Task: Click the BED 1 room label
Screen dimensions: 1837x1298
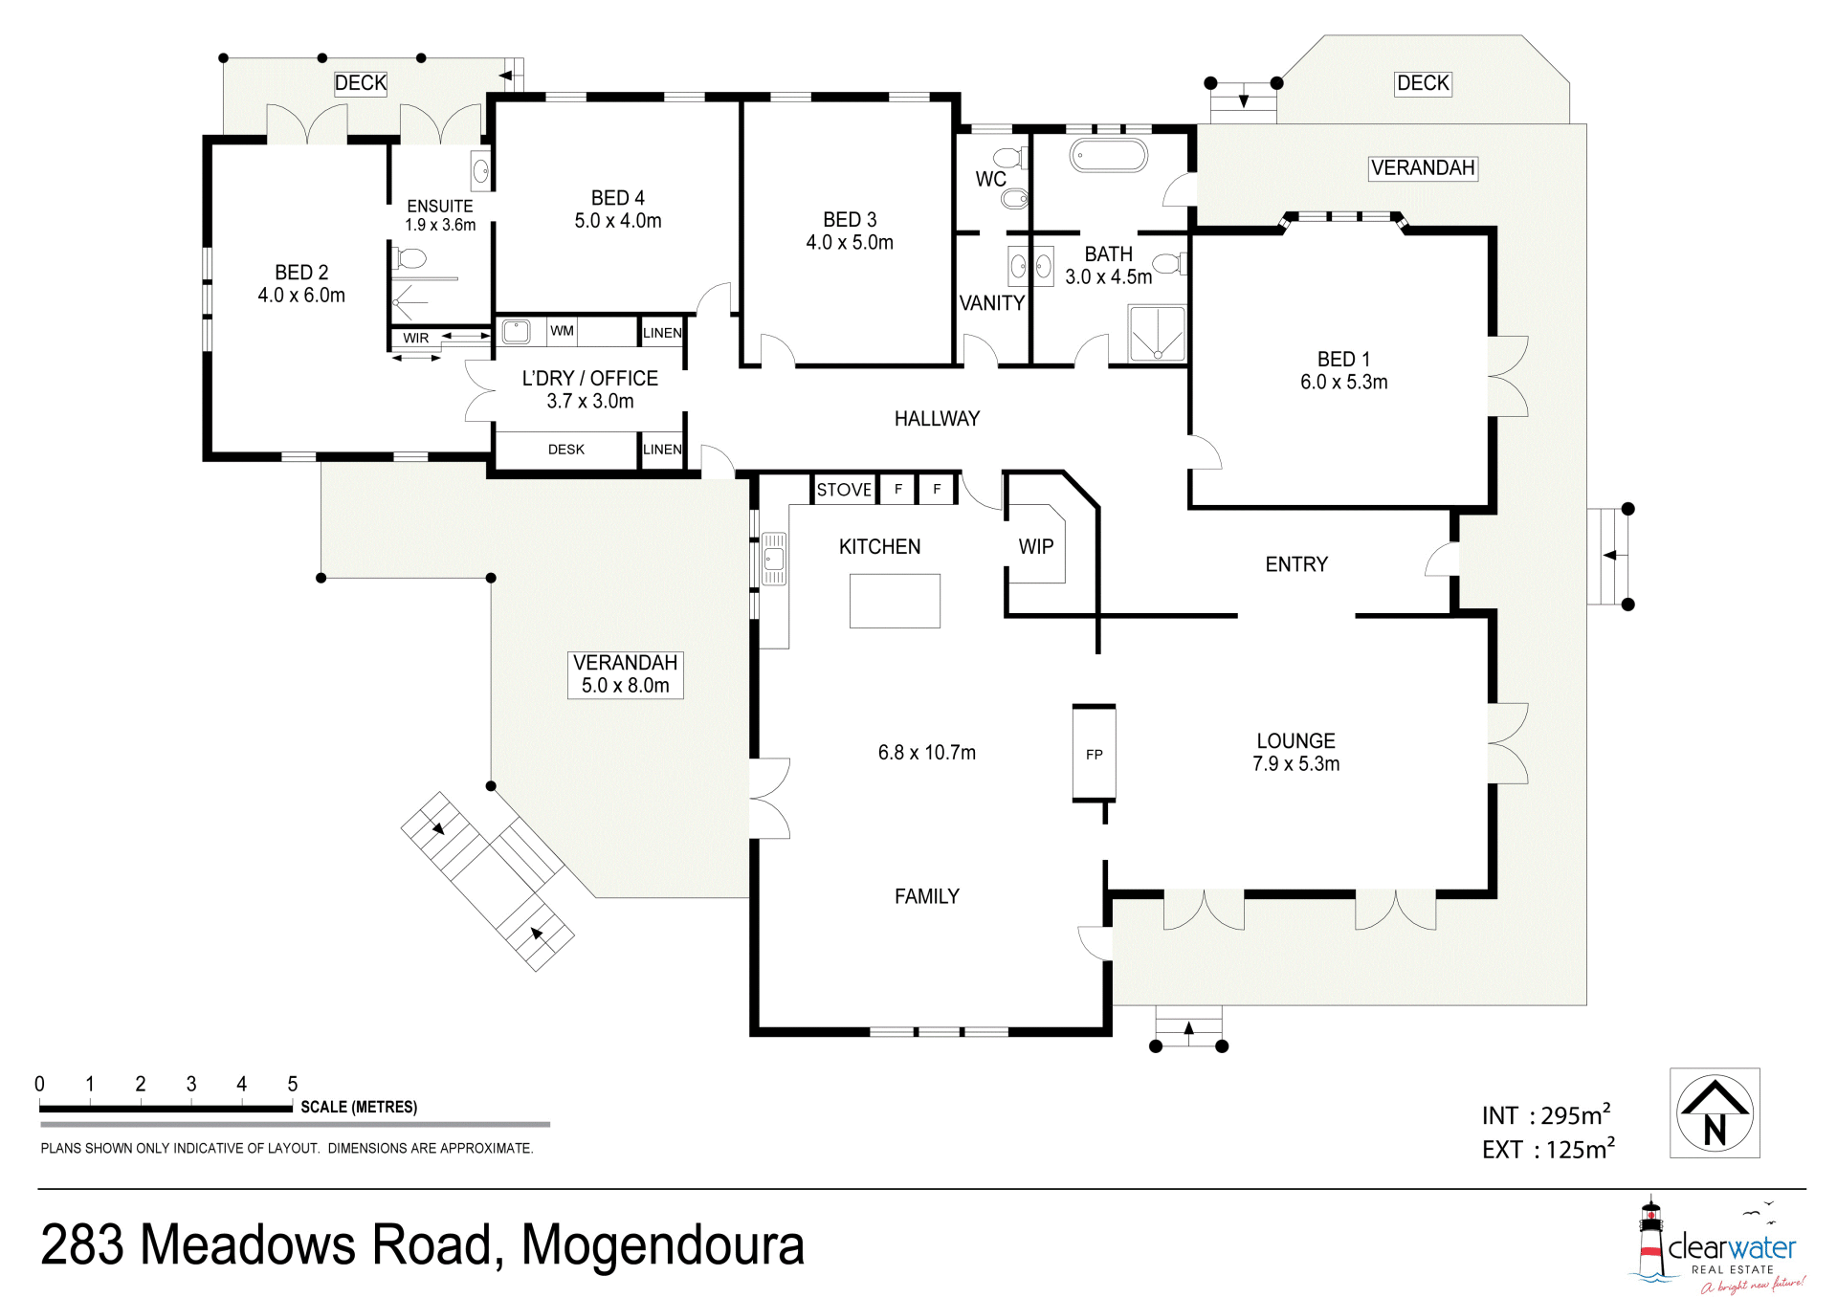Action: pyautogui.click(x=1343, y=360)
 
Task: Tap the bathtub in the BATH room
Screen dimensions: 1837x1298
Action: pyautogui.click(x=1108, y=156)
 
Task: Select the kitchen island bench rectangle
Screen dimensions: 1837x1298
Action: pyautogui.click(x=895, y=601)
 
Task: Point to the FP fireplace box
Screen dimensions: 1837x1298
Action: pyautogui.click(x=1095, y=753)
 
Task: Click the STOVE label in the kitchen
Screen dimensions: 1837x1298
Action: pyautogui.click(x=844, y=490)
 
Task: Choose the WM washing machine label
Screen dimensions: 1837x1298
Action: pyautogui.click(x=562, y=331)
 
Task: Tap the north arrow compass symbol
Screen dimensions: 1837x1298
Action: pyautogui.click(x=1715, y=1112)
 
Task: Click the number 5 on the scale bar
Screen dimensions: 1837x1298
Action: pyautogui.click(x=293, y=1084)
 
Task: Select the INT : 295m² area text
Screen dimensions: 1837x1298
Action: pyautogui.click(x=1546, y=1114)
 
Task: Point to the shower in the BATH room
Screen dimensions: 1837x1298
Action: pyautogui.click(x=1157, y=334)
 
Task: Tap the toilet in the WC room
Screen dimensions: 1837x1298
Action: pyautogui.click(x=1007, y=157)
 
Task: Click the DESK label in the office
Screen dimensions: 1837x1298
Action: pyautogui.click(x=566, y=450)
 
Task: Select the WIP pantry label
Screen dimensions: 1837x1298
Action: pyautogui.click(x=1036, y=546)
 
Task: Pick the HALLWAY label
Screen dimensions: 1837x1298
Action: pyautogui.click(x=937, y=418)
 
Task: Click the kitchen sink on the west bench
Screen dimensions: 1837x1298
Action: pyautogui.click(x=774, y=559)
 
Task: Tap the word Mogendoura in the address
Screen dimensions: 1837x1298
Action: pyautogui.click(x=662, y=1244)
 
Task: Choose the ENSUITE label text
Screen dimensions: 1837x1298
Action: pyautogui.click(x=440, y=206)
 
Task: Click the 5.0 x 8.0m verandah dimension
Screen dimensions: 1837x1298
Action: pyautogui.click(x=626, y=686)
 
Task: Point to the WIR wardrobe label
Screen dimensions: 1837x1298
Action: pyautogui.click(x=416, y=338)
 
